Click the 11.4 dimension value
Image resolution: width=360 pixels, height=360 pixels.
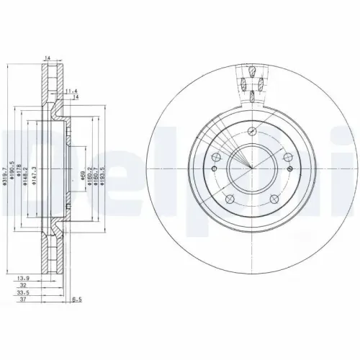coord(70,91)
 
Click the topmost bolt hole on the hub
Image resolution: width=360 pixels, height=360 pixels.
coord(251,131)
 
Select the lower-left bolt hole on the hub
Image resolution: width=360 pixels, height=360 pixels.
coord(228,199)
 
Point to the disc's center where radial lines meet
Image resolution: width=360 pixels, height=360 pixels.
coord(251,169)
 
